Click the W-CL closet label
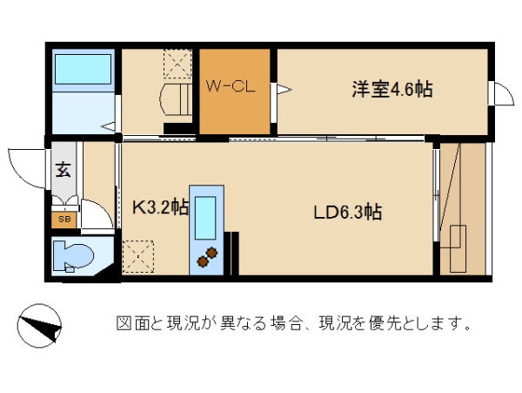coord(231,86)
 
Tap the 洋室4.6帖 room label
coord(392,90)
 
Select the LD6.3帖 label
coord(347,213)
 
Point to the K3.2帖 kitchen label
coord(160,207)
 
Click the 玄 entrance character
coord(63,169)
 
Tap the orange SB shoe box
coord(64,220)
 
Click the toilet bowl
coord(74,255)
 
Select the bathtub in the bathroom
coord(83,70)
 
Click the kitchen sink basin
coord(205,218)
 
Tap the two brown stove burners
coord(207,257)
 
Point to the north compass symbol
coord(39,326)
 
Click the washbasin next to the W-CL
coord(176,99)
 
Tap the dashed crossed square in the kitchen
coord(137,256)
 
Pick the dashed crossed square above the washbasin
coord(177,64)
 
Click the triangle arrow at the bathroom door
coord(108,126)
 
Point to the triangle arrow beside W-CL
coord(284,90)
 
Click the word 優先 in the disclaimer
coord(385,322)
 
